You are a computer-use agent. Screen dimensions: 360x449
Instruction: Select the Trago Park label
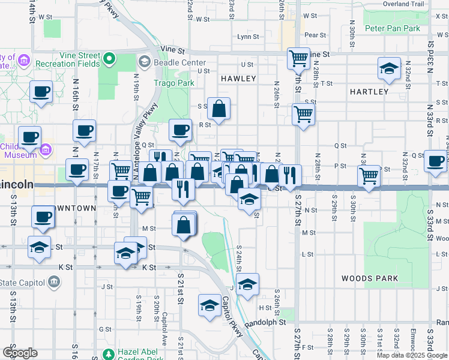173,83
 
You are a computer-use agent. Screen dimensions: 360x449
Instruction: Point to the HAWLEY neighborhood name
238,79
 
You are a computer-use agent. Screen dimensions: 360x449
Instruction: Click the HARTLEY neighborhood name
369,91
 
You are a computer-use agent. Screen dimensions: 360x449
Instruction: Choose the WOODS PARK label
369,278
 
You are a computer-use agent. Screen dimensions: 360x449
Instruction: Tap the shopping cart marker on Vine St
298,59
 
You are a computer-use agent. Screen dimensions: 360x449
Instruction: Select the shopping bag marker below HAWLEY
219,109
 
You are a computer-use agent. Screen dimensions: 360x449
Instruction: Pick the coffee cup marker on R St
180,130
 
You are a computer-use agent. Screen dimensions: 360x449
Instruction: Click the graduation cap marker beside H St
208,305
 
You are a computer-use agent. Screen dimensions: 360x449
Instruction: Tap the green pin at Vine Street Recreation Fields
109,59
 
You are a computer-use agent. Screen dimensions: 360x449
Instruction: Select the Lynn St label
248,37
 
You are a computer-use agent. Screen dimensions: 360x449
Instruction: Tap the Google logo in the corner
20,353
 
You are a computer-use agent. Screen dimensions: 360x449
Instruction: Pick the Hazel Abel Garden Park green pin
108,353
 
